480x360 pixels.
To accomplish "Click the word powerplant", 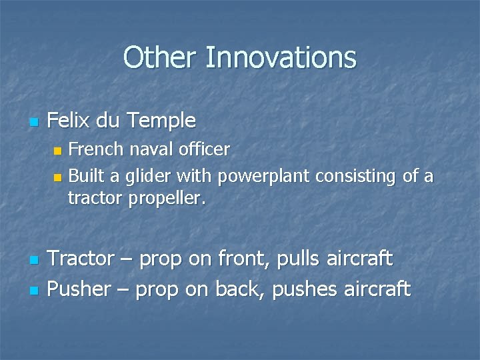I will [x=264, y=177].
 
